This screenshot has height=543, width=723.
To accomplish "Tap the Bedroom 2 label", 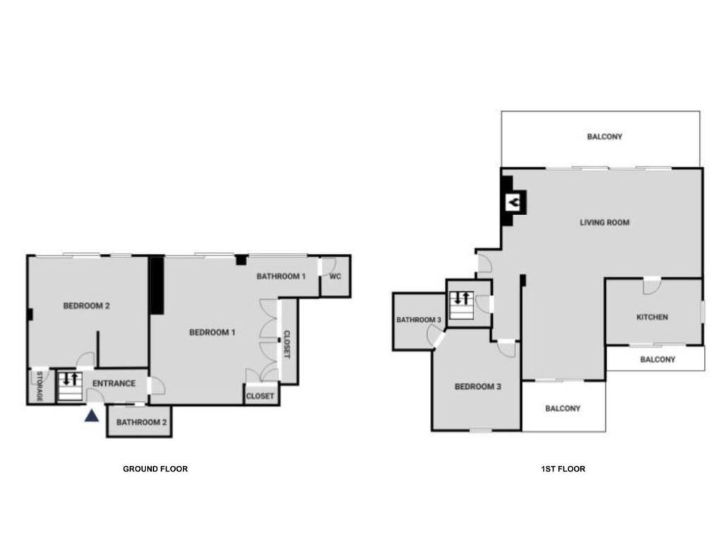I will (x=87, y=306).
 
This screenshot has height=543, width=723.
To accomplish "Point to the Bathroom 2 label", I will (x=141, y=422).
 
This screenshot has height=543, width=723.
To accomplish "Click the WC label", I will (x=335, y=276).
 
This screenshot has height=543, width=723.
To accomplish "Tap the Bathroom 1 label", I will (x=281, y=276).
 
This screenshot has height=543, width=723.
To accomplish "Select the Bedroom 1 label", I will (x=212, y=332).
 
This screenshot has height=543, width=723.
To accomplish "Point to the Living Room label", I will (x=604, y=222).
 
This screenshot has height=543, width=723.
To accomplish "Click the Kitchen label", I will (x=652, y=317).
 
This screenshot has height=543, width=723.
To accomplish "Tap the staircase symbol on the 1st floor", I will (x=462, y=298).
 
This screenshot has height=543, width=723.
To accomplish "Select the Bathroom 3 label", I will (x=419, y=320).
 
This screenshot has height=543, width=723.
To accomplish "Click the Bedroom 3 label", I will (x=478, y=387).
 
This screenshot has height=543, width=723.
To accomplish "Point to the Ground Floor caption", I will (x=155, y=468).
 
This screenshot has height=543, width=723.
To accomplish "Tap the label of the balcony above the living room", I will (x=604, y=136).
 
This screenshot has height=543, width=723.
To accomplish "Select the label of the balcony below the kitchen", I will (x=657, y=359).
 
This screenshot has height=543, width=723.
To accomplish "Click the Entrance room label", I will (x=114, y=383).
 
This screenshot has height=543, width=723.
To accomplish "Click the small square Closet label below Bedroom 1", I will (x=260, y=396).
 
